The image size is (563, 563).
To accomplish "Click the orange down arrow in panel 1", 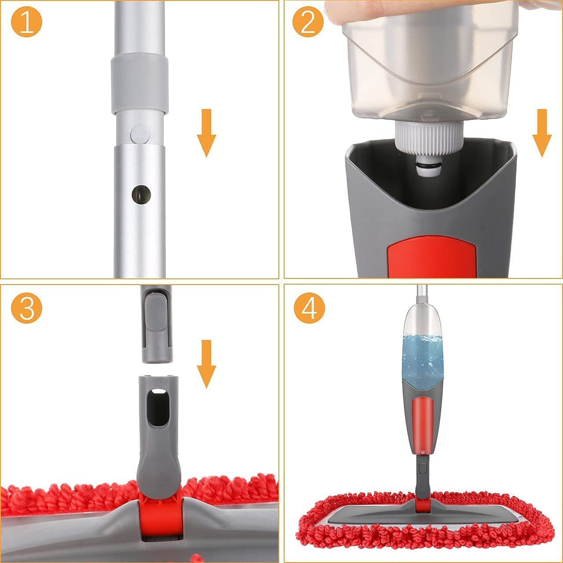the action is click(x=206, y=133).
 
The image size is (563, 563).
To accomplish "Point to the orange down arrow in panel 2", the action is click(x=542, y=133).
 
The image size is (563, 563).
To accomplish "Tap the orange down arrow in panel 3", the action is click(x=206, y=364).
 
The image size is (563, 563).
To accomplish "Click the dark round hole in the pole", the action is click(x=141, y=194).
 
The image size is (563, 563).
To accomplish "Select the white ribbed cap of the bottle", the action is click(x=429, y=137).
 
